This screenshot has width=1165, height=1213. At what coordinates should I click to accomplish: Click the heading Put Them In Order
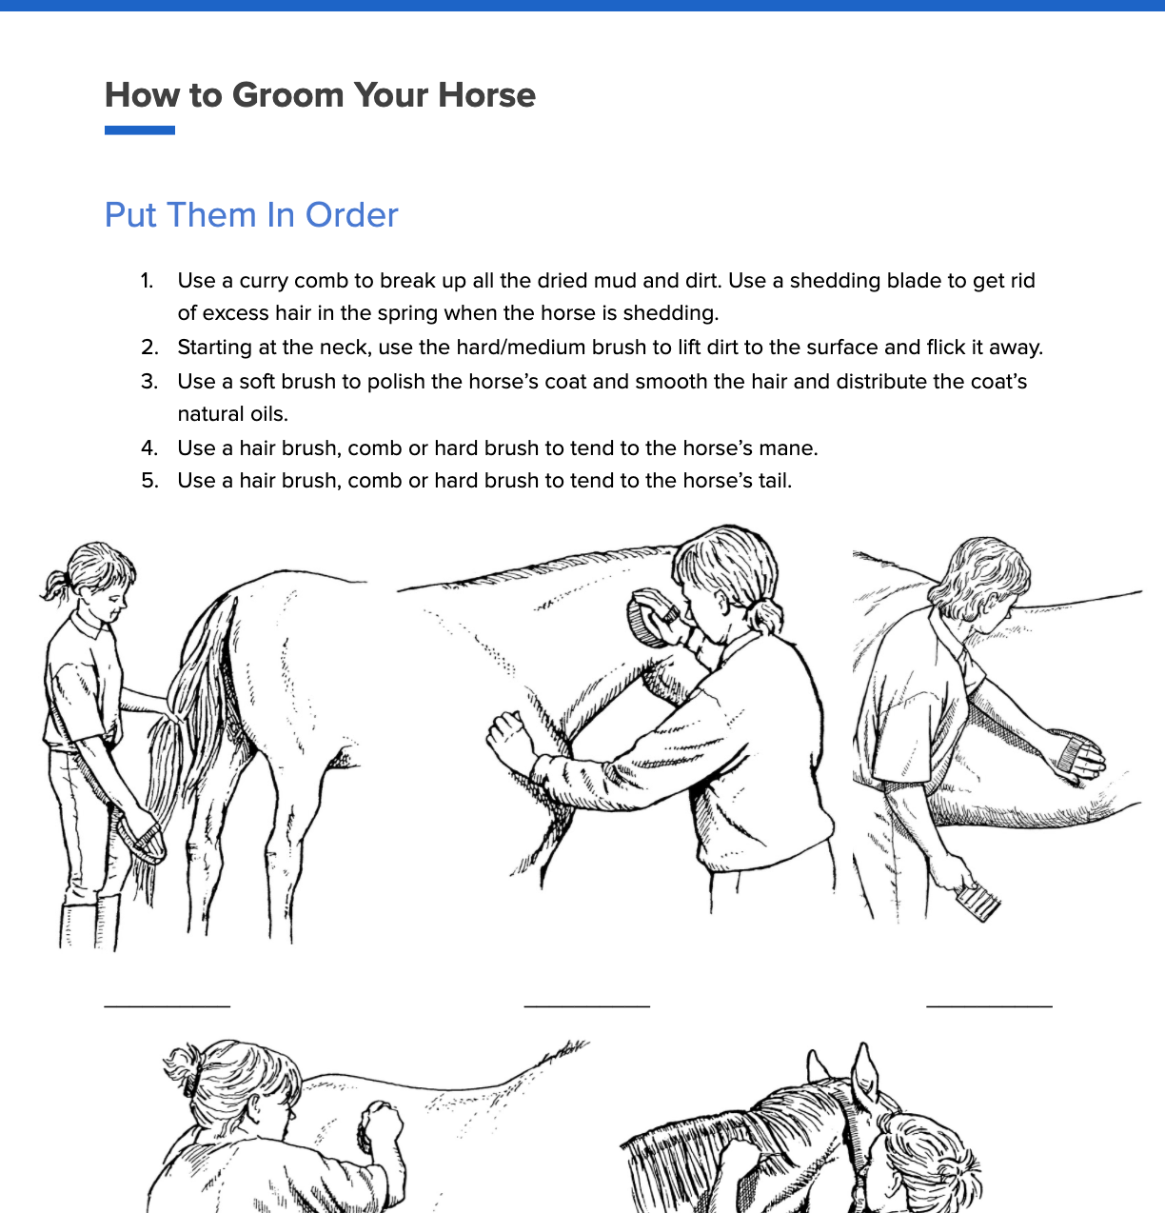(251, 215)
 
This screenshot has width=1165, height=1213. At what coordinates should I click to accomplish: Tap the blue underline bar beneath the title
(140, 130)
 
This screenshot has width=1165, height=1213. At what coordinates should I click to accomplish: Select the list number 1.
(147, 281)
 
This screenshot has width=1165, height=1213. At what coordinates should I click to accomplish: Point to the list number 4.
(149, 448)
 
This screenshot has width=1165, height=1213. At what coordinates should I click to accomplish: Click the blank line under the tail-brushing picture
(167, 1004)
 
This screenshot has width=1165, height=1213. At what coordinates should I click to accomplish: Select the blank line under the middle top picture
(586, 1004)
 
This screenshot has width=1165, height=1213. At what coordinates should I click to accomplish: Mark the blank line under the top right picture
(989, 1004)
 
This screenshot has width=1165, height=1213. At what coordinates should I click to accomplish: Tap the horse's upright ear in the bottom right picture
(864, 1072)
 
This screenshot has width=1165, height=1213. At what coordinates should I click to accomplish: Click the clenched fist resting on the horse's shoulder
(508, 735)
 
